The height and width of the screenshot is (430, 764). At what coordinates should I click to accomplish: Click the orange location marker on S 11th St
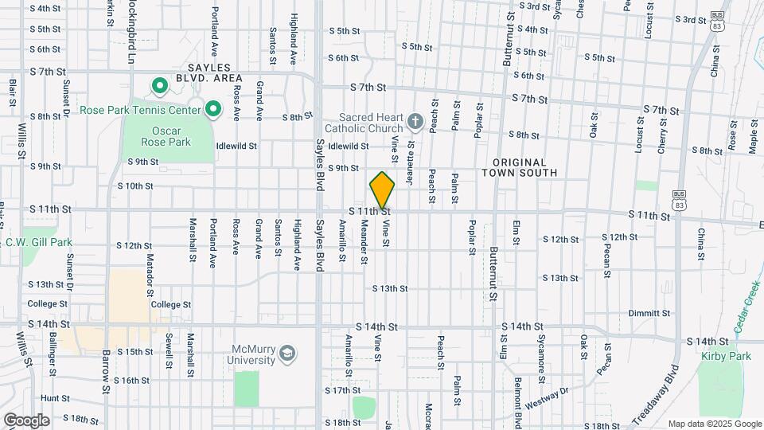pyautogui.click(x=382, y=190)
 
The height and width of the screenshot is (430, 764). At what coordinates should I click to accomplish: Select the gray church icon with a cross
pyautogui.click(x=414, y=121)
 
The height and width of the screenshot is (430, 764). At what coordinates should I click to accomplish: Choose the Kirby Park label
pyautogui.click(x=726, y=356)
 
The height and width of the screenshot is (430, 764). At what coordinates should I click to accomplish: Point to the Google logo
pyautogui.click(x=26, y=420)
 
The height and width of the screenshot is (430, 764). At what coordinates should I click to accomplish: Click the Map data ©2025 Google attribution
pyautogui.click(x=713, y=424)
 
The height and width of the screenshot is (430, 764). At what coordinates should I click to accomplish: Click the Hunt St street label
pyautogui.click(x=55, y=397)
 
